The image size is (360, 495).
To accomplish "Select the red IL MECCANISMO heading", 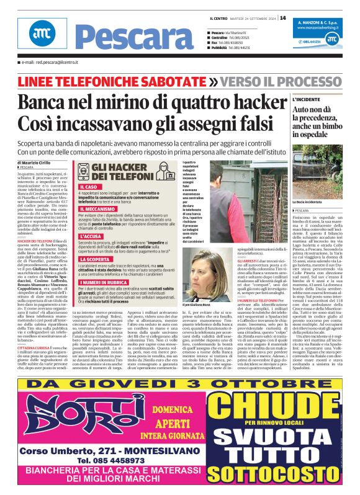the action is pos(101,210).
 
